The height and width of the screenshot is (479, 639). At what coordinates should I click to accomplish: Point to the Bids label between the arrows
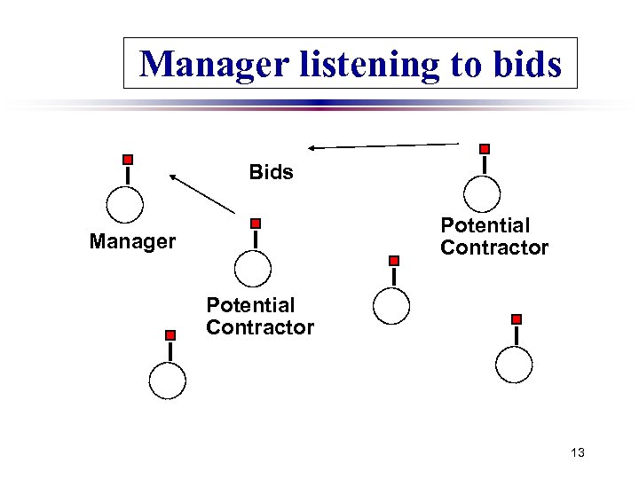pyautogui.click(x=271, y=172)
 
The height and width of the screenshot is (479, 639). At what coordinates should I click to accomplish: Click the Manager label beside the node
pyautogui.click(x=132, y=241)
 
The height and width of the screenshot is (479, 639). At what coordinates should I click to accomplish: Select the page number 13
pyautogui.click(x=578, y=453)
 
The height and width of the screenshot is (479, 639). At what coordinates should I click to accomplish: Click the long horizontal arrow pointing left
pyautogui.click(x=383, y=145)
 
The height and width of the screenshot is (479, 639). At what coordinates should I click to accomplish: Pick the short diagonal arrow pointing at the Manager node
pyautogui.click(x=202, y=194)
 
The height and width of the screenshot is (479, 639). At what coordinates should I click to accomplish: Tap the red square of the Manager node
pyautogui.click(x=128, y=160)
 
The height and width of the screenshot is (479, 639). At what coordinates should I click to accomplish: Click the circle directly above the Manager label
pyautogui.click(x=124, y=206)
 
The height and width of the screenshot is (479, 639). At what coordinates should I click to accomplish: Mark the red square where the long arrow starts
pyautogui.click(x=484, y=149)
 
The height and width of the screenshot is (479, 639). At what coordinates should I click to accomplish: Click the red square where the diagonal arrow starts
pyautogui.click(x=256, y=224)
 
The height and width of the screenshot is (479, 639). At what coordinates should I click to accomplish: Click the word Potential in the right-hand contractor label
pyautogui.click(x=485, y=226)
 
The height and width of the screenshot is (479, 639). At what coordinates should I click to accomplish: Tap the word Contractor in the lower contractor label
pyautogui.click(x=260, y=327)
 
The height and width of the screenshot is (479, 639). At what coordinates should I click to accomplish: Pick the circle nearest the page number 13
pyautogui.click(x=514, y=365)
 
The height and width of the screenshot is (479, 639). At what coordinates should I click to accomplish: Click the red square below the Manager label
pyautogui.click(x=170, y=335)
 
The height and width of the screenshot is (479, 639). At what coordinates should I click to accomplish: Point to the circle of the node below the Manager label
pyautogui.click(x=167, y=381)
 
